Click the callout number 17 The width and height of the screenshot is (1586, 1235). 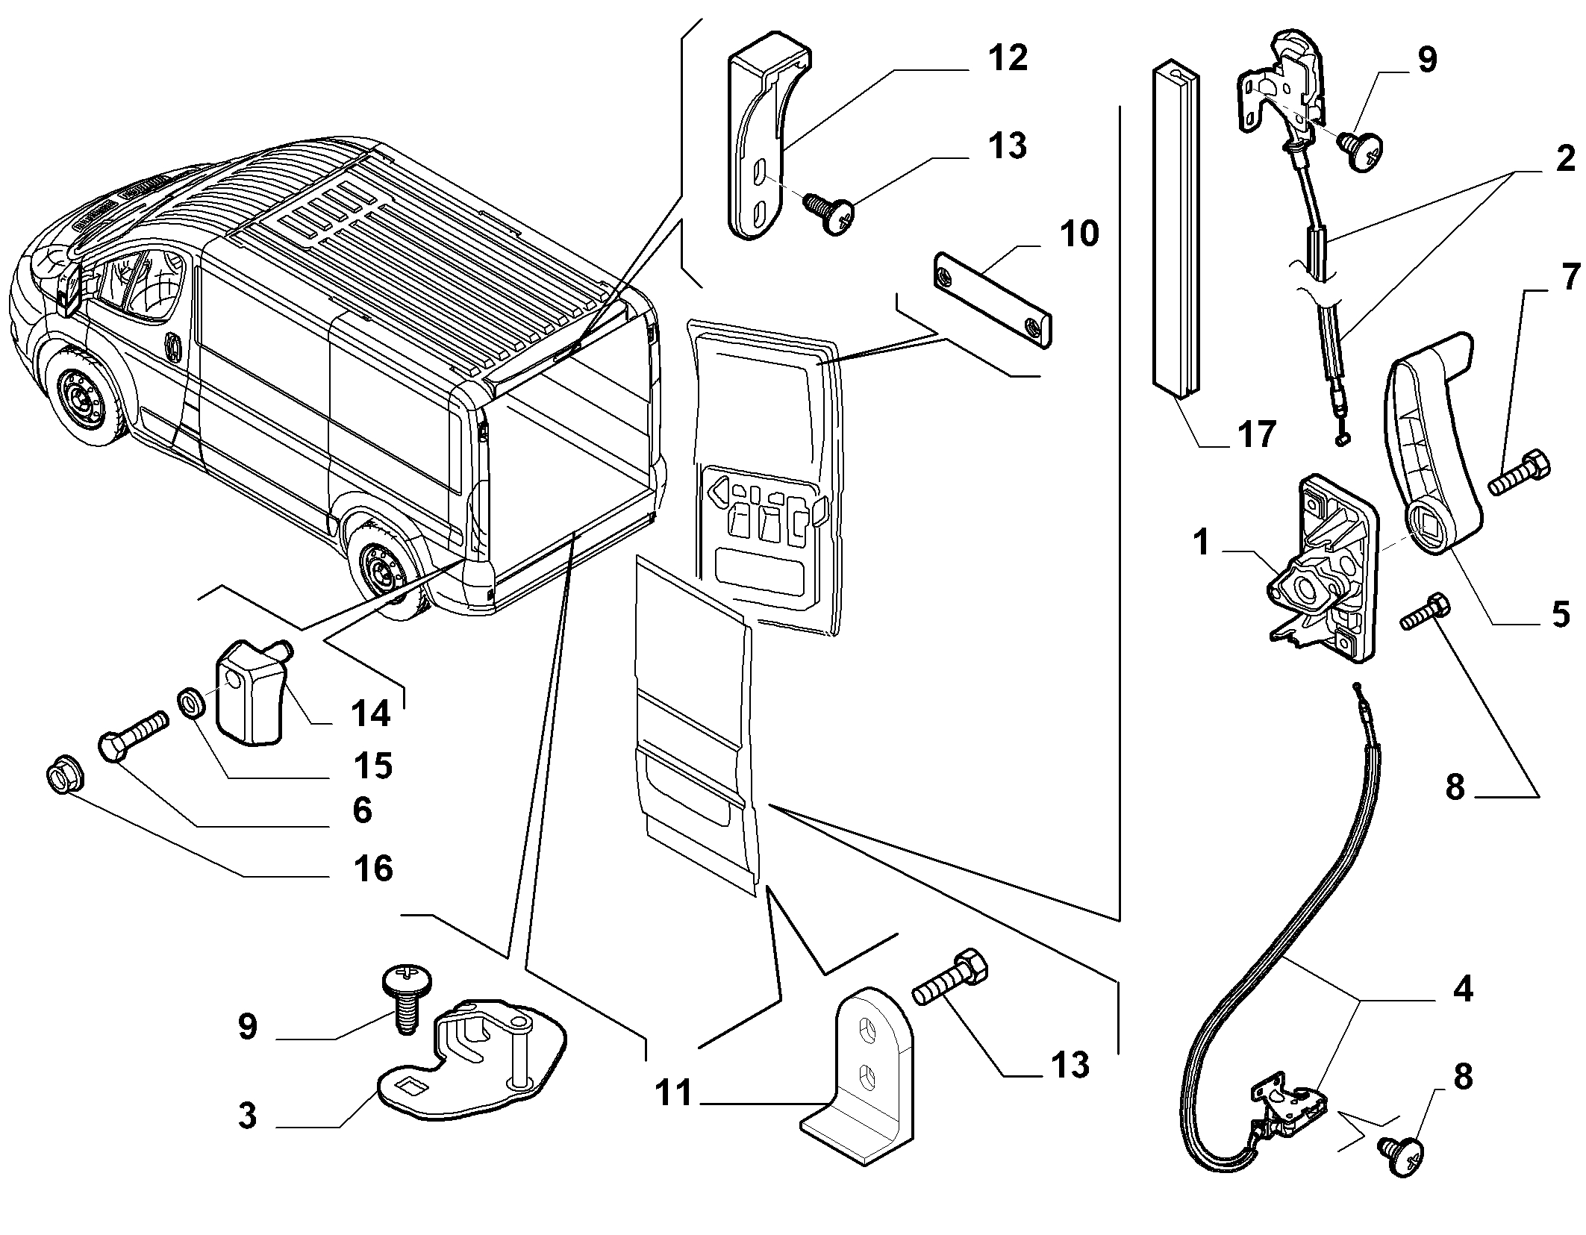(1256, 434)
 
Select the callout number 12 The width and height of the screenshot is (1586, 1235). (1007, 57)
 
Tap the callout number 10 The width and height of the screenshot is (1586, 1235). (1078, 234)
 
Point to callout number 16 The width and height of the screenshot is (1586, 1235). (373, 869)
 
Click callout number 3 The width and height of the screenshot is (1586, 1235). (247, 1116)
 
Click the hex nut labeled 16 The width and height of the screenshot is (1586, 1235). (63, 778)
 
